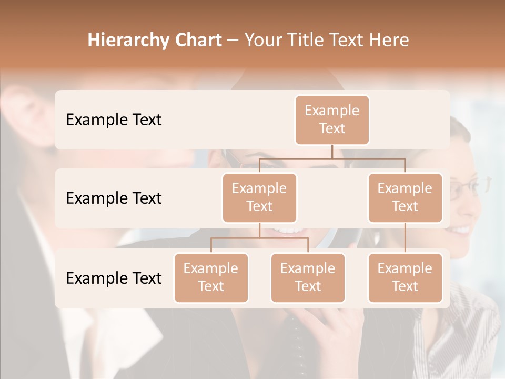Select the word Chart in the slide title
(199, 41)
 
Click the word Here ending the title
(389, 41)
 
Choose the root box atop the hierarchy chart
(332, 119)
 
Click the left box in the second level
(259, 197)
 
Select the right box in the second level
(405, 197)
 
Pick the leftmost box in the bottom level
(211, 277)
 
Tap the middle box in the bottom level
(308, 277)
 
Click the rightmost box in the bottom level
(405, 277)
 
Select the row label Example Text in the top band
(114, 119)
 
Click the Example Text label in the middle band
(114, 198)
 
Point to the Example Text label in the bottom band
(114, 278)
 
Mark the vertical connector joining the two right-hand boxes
(405, 237)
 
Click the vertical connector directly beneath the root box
(332, 152)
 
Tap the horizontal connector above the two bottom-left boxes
(259, 238)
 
